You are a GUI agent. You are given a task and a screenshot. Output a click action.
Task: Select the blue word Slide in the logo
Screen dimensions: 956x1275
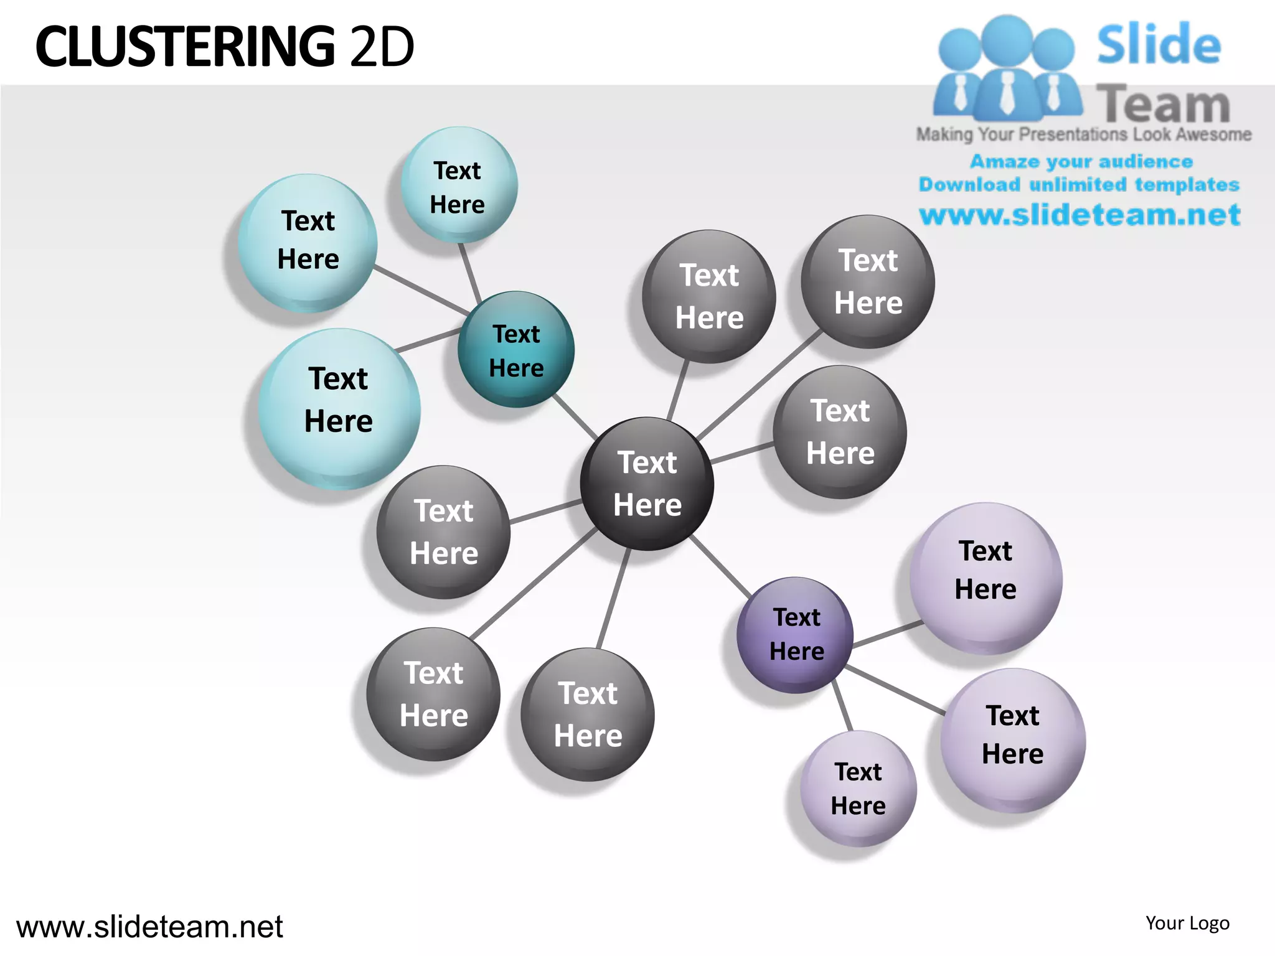coord(1159,44)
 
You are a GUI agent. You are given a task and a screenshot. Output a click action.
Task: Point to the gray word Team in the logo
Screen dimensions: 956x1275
coord(1163,104)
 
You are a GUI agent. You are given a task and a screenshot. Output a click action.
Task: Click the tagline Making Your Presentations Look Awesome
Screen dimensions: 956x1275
coord(1084,134)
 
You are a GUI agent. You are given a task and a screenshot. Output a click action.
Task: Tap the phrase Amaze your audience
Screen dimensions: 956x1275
coord(1081,162)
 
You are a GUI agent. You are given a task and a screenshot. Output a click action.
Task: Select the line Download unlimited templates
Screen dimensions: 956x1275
coord(1079,185)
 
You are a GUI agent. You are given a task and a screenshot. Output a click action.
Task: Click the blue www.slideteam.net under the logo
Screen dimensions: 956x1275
coord(1080,215)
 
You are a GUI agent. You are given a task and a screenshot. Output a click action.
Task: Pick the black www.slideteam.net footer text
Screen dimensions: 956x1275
coord(149,927)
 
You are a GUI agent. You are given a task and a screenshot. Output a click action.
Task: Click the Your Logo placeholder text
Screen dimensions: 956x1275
coord(1187,923)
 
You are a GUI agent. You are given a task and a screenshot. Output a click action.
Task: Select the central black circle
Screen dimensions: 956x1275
coord(647,484)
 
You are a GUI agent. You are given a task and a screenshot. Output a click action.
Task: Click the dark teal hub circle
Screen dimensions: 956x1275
coord(516,349)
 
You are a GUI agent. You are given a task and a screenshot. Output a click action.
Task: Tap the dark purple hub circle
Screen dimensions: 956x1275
coord(795,635)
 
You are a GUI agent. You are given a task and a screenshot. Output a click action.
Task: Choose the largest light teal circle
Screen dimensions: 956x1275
coord(339,409)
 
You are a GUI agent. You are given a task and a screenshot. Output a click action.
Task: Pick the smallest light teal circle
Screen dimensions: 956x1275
coord(459,185)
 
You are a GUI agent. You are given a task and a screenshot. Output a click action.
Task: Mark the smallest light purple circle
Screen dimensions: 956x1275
coord(858,789)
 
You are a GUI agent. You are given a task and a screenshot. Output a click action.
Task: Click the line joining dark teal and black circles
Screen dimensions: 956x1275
coord(575,416)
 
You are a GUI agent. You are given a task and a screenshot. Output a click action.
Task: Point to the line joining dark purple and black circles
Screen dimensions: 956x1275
coord(720,566)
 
